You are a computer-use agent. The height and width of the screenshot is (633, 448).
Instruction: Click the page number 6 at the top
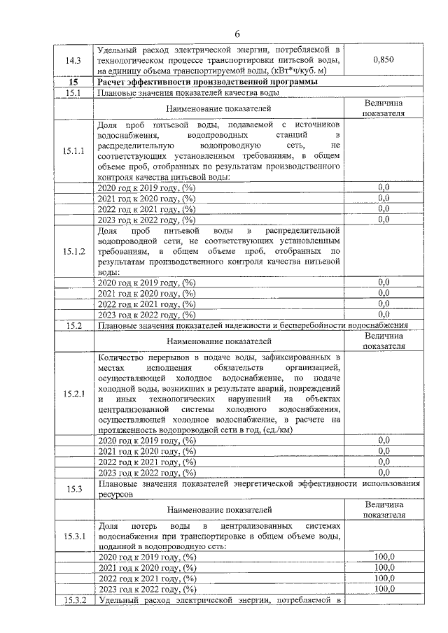(x=237, y=34)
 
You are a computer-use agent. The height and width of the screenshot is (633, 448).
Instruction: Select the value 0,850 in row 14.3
(x=383, y=60)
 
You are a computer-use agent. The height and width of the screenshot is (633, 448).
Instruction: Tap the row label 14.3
(x=73, y=61)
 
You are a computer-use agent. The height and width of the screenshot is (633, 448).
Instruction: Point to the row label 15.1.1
(x=73, y=150)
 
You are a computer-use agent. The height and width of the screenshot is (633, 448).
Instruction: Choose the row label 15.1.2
(x=73, y=252)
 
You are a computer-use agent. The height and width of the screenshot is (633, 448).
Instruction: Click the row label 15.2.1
(x=73, y=394)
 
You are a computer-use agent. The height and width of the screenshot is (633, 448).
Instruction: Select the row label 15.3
(x=73, y=488)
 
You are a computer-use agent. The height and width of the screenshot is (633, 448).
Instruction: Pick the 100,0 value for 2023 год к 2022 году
(x=384, y=590)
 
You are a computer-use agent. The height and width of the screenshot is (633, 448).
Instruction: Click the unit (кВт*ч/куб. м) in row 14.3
(x=301, y=71)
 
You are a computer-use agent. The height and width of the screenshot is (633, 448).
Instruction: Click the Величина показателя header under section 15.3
(x=384, y=509)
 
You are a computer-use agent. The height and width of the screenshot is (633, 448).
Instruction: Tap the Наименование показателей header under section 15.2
(x=218, y=341)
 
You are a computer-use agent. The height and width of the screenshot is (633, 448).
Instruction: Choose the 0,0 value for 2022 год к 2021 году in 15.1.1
(x=384, y=208)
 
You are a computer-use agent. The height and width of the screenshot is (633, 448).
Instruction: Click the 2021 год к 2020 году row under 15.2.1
(x=147, y=451)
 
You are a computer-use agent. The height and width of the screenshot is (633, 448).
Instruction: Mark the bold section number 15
(x=73, y=82)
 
